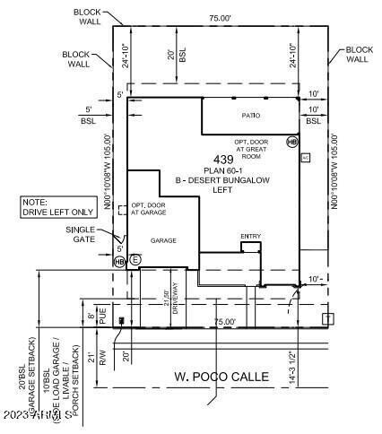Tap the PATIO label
[x=250, y=116]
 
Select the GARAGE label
[x=163, y=241]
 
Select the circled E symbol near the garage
[x=135, y=259]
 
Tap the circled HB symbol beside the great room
[x=291, y=142]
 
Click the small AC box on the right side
[x=305, y=158]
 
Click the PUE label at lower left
[x=102, y=317]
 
